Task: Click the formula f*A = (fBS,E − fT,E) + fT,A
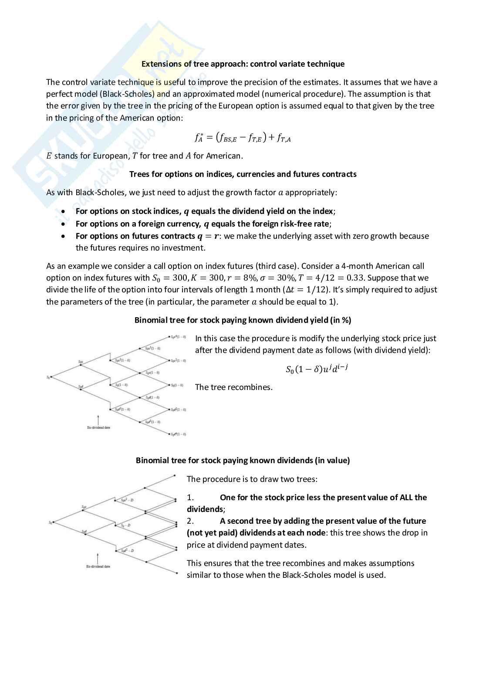(x=243, y=138)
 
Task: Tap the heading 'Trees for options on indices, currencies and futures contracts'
(x=243, y=174)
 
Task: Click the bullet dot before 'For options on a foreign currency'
(x=64, y=224)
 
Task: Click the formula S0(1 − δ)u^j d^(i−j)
(x=317, y=369)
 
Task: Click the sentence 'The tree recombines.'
(x=233, y=387)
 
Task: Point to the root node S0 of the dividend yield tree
(x=51, y=376)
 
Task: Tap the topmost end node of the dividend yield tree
(x=169, y=337)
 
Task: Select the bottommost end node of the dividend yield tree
(x=169, y=434)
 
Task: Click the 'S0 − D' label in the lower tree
(x=126, y=525)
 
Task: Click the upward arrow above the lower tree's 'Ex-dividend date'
(x=98, y=558)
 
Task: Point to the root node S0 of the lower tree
(x=53, y=522)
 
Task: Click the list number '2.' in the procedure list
(x=190, y=521)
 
